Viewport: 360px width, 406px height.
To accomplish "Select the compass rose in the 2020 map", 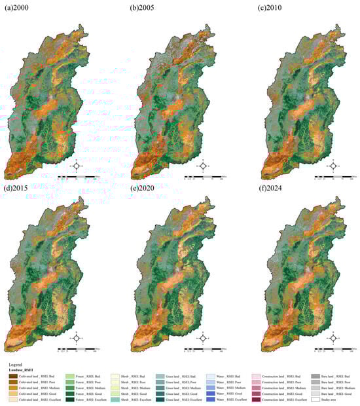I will [x=204, y=338].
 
